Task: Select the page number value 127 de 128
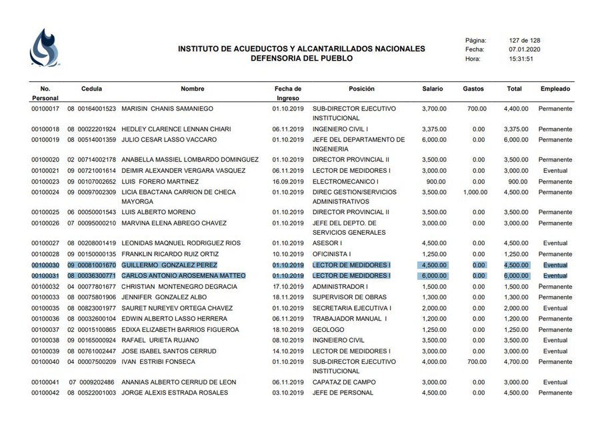(x=524, y=40)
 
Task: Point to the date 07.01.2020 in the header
(x=525, y=49)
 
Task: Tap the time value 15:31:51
(x=521, y=59)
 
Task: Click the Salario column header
(x=433, y=89)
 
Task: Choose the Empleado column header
(x=555, y=89)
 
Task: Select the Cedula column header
(x=92, y=89)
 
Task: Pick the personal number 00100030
(x=45, y=265)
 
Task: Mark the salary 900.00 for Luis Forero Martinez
(x=437, y=181)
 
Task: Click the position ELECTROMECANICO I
(x=345, y=181)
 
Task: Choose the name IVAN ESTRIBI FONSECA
(x=159, y=361)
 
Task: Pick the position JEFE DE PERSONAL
(x=343, y=393)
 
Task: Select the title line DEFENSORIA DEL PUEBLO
(x=301, y=58)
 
